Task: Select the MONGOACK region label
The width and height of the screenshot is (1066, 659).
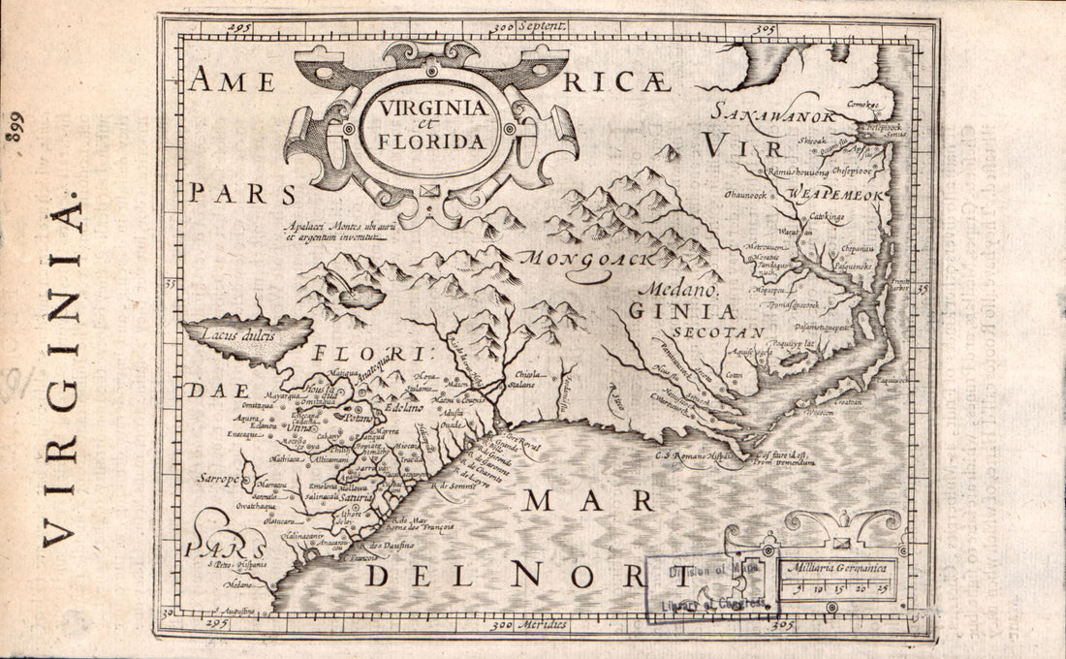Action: click(585, 259)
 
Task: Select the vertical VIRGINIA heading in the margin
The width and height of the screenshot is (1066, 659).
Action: click(60, 369)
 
